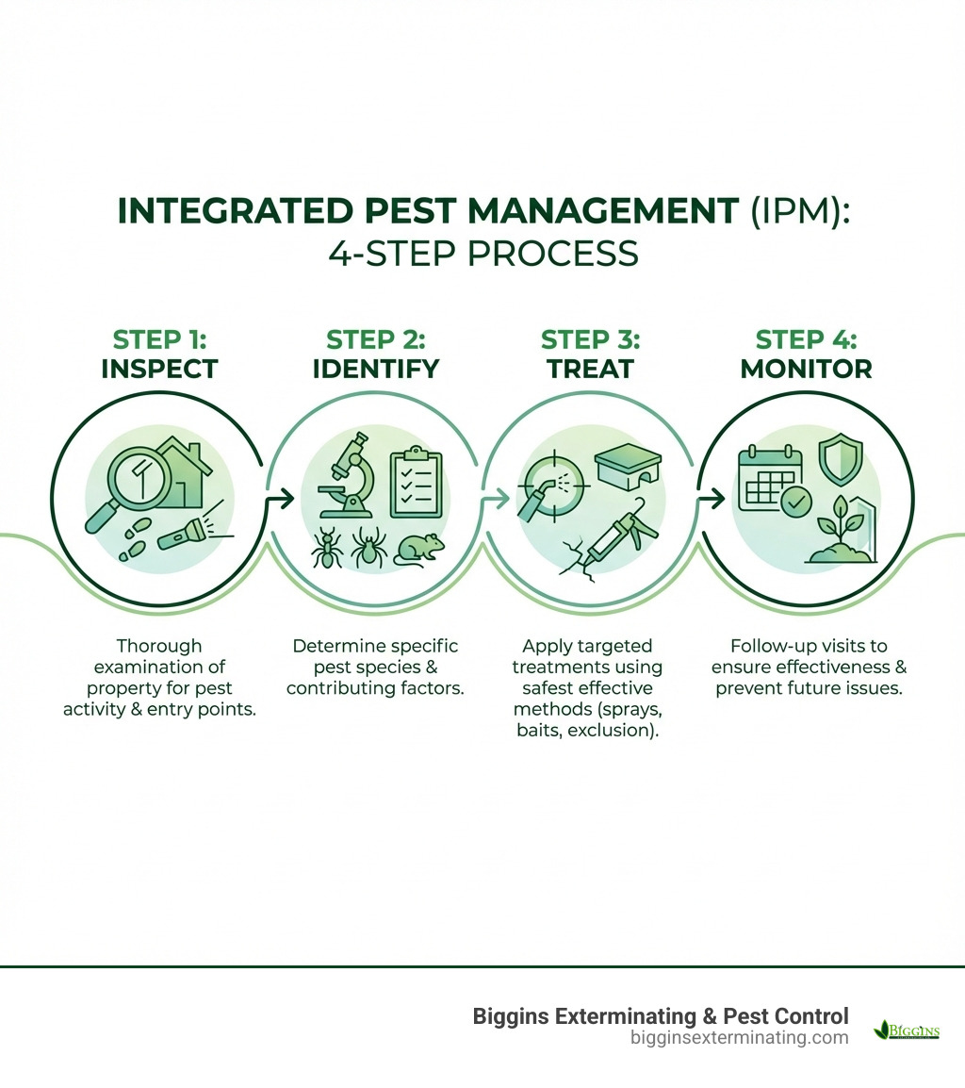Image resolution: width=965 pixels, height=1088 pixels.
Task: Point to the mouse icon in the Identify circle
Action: tap(417, 549)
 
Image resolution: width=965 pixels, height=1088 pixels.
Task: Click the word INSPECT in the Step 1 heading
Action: tap(158, 368)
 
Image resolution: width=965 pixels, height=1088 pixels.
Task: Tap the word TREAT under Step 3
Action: tap(590, 368)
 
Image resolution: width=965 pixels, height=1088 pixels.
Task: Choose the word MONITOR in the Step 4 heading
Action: tap(806, 368)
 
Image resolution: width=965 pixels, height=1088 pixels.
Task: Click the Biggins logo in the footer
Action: tap(907, 1030)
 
